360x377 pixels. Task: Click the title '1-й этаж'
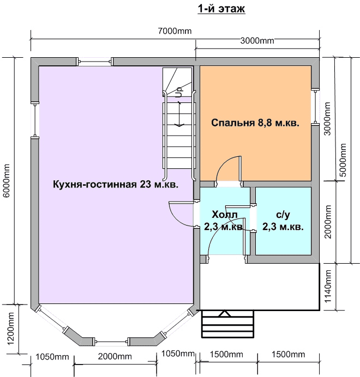[x=221, y=9]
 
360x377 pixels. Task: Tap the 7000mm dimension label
[x=175, y=31]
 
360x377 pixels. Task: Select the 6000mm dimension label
[x=7, y=180]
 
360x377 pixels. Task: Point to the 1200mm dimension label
[x=11, y=329]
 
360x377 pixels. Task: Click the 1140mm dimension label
[x=328, y=286]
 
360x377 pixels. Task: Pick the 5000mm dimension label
[x=342, y=160]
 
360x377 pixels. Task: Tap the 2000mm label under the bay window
[x=115, y=356]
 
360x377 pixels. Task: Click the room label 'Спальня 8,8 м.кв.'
[x=255, y=123]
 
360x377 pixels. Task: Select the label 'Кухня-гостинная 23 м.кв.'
[x=116, y=185]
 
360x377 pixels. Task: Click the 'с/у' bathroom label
[x=283, y=215]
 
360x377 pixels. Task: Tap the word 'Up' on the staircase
[x=179, y=92]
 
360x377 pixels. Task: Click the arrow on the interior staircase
[x=179, y=114]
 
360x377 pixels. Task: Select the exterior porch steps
[x=227, y=324]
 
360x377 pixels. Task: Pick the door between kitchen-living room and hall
[x=182, y=214]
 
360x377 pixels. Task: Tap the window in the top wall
[x=95, y=62]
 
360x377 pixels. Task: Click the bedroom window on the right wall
[x=315, y=107]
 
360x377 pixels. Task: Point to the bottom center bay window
[x=111, y=342]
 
